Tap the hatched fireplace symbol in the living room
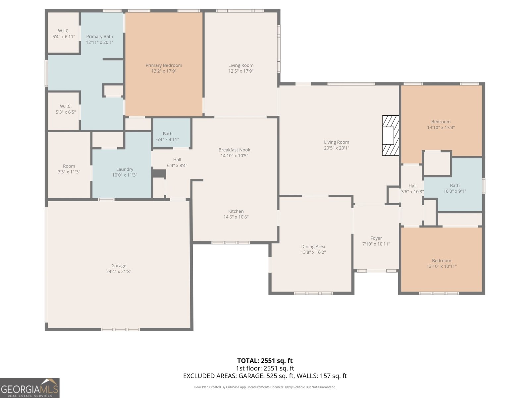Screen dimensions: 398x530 pyautogui.click(x=391, y=135)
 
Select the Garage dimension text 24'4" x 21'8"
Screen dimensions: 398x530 pyautogui.click(x=119, y=271)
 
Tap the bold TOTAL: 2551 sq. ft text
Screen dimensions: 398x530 pyautogui.click(x=265, y=361)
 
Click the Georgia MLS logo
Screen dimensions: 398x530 pyautogui.click(x=29, y=388)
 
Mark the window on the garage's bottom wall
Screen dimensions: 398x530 pyautogui.click(x=120, y=329)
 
